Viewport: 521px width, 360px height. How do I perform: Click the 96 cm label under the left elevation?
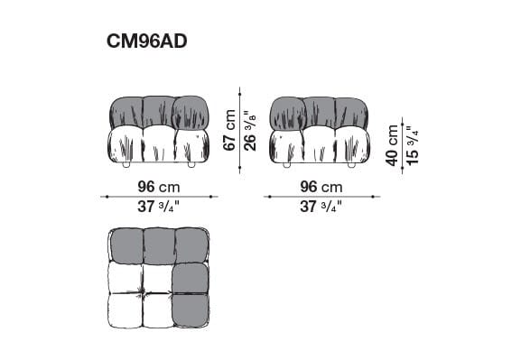click(158, 187)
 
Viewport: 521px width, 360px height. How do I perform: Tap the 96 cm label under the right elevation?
click(321, 187)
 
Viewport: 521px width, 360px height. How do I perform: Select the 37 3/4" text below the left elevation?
click(158, 207)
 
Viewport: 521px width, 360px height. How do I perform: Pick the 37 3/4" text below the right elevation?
click(321, 207)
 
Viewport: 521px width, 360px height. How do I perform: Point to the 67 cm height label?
click(230, 131)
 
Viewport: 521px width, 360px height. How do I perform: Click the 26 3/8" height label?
click(249, 131)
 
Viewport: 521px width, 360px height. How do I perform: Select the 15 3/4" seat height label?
click(412, 143)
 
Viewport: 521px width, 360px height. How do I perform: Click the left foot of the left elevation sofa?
click(126, 166)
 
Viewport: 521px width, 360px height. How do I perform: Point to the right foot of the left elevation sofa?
click(191, 166)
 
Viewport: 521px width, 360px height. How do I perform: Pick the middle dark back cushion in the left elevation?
click(158, 112)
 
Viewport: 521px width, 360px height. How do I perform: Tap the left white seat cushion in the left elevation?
click(126, 144)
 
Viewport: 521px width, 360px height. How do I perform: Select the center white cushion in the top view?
click(157, 277)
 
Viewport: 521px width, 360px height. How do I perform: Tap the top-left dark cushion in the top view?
click(126, 245)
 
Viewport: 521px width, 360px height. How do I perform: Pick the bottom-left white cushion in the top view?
click(125, 310)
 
